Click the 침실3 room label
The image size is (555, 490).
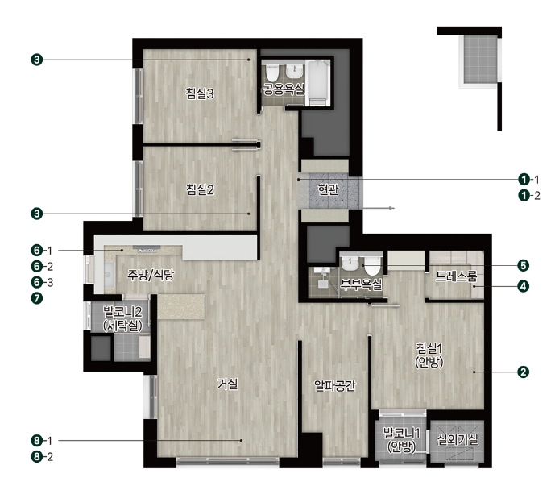[x=200, y=93]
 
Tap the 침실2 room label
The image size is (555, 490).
[x=200, y=189]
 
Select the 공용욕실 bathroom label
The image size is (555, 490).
[x=284, y=89]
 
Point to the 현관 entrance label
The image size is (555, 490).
[x=328, y=189]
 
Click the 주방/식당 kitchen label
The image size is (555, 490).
[x=151, y=275]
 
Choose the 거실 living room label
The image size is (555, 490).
[x=228, y=384]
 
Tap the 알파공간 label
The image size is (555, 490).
[x=335, y=385]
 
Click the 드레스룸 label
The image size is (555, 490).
[x=456, y=276]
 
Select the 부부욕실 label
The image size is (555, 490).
[x=361, y=284]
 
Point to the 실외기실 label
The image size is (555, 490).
[x=458, y=440]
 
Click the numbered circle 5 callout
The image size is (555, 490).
[x=523, y=265]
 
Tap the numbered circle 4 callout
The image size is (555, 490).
[x=523, y=286]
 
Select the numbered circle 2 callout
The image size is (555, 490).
[x=523, y=372]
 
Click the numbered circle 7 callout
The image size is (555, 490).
[x=37, y=298]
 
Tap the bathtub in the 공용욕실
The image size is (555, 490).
[x=318, y=83]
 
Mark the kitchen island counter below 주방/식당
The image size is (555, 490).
[x=181, y=306]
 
